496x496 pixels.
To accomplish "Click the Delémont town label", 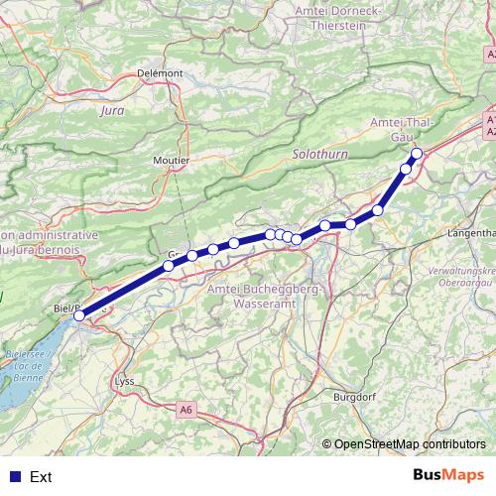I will (x=160, y=73).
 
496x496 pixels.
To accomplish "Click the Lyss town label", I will (x=124, y=381).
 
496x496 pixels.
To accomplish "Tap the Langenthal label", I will (x=472, y=232).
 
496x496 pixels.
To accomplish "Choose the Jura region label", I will (x=112, y=111).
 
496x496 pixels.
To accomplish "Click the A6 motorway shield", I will (x=186, y=409).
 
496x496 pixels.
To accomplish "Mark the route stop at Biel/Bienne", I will (x=78, y=315).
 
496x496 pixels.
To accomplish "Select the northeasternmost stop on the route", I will (x=417, y=153).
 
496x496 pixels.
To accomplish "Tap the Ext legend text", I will (x=41, y=477).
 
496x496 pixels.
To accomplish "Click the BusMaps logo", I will (x=448, y=475).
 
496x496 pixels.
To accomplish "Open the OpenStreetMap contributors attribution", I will (x=409, y=444).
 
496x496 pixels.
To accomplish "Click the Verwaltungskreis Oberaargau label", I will (x=462, y=277).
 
